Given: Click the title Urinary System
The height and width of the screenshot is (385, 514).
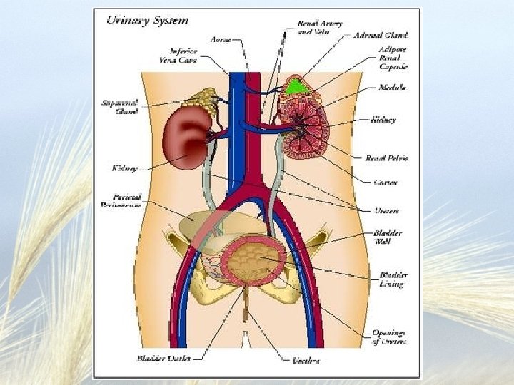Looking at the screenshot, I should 147,20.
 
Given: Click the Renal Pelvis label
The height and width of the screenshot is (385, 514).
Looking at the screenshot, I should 386,158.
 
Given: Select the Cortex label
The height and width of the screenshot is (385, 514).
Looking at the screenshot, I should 386,183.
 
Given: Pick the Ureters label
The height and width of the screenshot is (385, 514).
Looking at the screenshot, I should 386,211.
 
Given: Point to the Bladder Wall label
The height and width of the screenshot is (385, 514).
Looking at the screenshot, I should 388,237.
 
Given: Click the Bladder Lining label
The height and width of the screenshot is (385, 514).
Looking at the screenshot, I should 391,279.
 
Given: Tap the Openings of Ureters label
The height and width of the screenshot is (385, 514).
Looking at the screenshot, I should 389,337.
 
